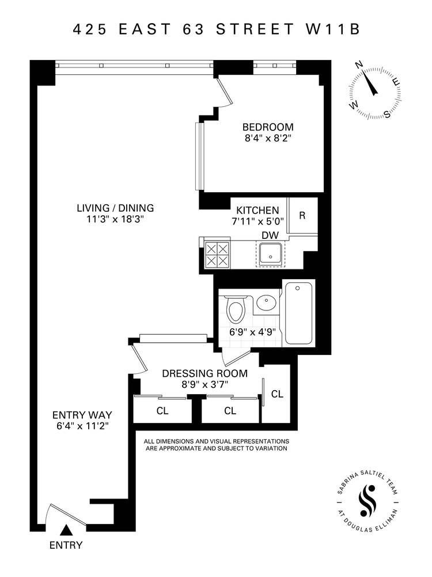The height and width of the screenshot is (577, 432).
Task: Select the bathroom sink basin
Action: point(266,302)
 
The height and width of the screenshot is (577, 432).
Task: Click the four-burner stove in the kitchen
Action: point(217,254)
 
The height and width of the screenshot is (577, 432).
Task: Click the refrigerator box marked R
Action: point(302,215)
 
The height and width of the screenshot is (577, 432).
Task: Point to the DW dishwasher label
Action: point(269,235)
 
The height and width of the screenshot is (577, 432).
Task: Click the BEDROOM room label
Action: point(268,127)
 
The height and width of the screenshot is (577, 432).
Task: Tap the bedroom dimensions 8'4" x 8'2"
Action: point(268,138)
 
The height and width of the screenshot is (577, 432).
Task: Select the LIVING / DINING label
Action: point(116,208)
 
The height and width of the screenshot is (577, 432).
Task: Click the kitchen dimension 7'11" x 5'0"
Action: point(255,222)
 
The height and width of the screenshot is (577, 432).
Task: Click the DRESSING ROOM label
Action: point(204,373)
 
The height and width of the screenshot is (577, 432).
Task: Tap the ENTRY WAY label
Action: point(82,414)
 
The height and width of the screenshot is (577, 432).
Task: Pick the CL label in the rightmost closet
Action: point(278,394)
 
